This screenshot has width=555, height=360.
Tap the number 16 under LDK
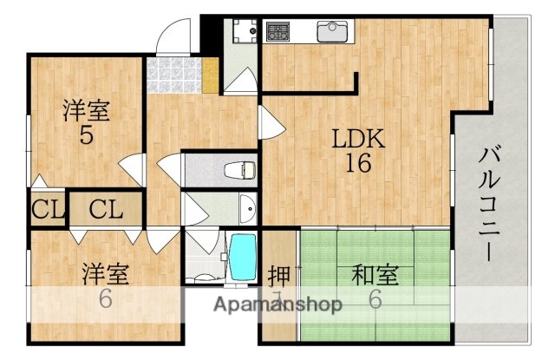coord(354,162)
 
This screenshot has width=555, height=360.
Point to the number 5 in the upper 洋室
coord(86,135)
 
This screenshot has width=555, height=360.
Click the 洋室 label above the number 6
coord(106,275)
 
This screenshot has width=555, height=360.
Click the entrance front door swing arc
coord(173,35)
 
